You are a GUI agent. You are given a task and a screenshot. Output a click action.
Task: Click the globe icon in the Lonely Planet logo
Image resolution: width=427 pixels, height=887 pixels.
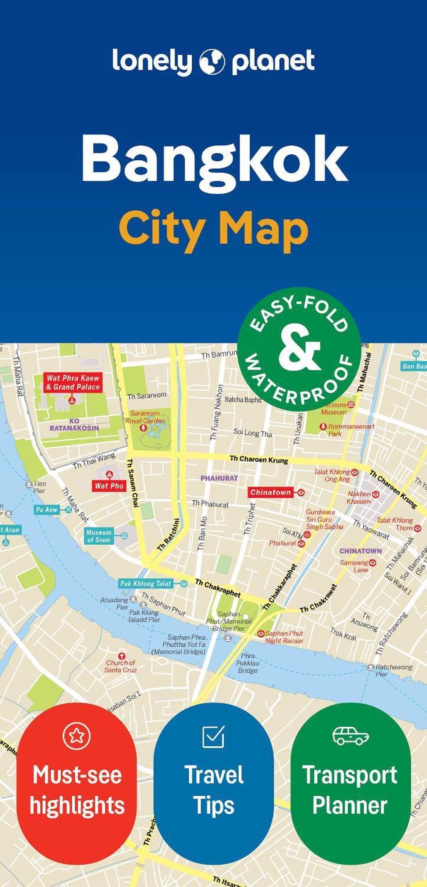click(212, 61)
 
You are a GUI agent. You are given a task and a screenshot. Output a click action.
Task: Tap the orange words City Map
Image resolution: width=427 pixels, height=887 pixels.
click(213, 229)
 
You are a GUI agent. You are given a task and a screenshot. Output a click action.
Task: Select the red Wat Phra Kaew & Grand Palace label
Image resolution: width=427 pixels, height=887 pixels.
click(73, 383)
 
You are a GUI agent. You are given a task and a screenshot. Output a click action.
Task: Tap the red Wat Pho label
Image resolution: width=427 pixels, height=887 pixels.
click(109, 486)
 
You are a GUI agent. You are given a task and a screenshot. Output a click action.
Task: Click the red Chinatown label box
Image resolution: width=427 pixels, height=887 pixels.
click(271, 492)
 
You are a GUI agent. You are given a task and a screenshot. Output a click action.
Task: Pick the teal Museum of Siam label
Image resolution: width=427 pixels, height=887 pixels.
click(99, 536)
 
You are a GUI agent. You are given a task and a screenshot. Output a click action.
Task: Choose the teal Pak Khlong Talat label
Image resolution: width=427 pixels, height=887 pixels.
click(146, 583)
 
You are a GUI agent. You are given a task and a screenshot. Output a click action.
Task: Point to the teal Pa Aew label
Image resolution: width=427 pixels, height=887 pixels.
click(47, 510)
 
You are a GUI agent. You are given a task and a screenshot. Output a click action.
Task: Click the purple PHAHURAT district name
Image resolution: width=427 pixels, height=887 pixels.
click(219, 478)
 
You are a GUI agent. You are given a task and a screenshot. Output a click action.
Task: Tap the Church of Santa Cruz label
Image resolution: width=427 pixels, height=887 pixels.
click(120, 666)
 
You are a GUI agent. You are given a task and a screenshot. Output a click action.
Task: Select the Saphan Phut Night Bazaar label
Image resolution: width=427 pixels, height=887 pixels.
click(284, 637)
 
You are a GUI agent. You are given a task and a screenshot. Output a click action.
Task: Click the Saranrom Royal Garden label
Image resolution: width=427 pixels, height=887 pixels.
click(145, 417)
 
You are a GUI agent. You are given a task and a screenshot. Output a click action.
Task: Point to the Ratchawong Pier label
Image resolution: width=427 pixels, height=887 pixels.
click(393, 670)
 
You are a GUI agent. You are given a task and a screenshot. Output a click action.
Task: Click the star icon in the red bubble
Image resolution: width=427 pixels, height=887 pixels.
click(77, 735)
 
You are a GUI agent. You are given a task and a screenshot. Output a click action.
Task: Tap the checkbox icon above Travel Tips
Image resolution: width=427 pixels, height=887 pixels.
click(213, 736)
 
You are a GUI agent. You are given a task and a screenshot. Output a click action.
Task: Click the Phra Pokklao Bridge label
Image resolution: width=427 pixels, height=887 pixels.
click(248, 663)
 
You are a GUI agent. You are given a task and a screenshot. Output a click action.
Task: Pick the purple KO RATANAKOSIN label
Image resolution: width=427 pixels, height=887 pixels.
click(74, 424)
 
